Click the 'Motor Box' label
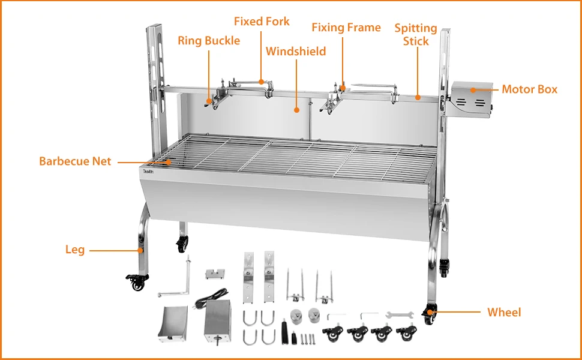pos(529,89)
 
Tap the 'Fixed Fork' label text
pos(262,22)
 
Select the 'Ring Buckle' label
pos(209,41)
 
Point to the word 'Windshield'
pos(296,52)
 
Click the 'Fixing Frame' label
pos(346,28)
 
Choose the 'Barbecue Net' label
pos(75,161)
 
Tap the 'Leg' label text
pos(75,250)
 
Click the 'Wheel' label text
pos(504,312)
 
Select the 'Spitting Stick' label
pos(416,35)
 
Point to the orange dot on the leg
pos(140,250)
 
